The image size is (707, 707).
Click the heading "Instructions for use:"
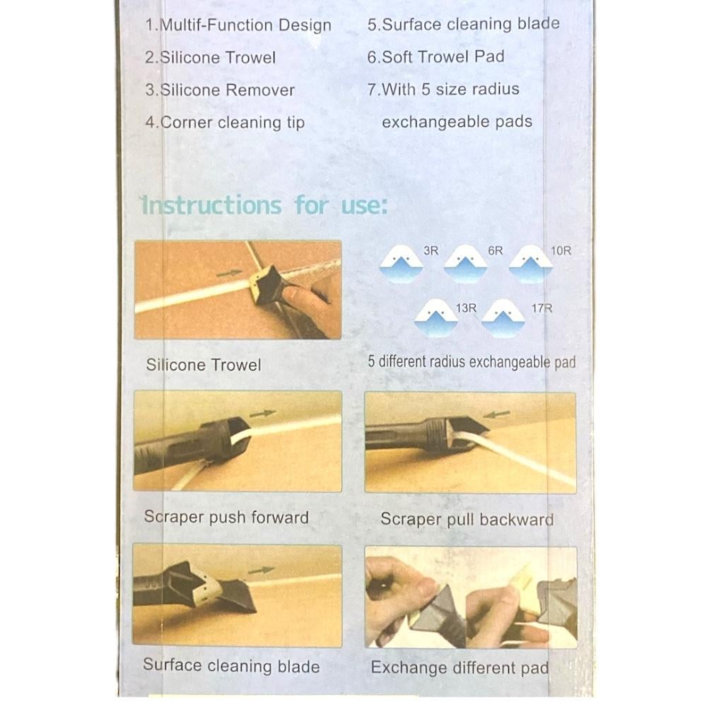click(264, 206)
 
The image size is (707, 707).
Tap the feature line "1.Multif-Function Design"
click(238, 25)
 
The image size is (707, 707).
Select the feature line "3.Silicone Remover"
click(220, 90)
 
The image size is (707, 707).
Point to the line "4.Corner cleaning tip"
click(225, 122)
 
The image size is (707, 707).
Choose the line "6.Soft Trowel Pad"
click(436, 57)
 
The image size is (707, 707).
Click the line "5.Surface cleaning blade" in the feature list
click(464, 24)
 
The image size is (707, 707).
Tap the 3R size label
click(431, 251)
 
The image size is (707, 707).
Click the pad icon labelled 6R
click(465, 264)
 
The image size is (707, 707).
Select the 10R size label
click(561, 251)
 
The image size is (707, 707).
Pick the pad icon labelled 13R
click(436, 318)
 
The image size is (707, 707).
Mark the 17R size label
click(542, 308)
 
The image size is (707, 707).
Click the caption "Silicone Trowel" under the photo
click(204, 365)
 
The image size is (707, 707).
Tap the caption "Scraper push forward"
click(226, 518)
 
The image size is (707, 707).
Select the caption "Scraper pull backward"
click(467, 519)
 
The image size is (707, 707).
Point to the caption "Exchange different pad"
click(460, 667)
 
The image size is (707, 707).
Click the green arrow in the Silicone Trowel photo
click(229, 273)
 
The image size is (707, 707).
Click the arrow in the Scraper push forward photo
click(263, 413)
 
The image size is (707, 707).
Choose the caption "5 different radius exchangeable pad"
click(472, 361)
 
